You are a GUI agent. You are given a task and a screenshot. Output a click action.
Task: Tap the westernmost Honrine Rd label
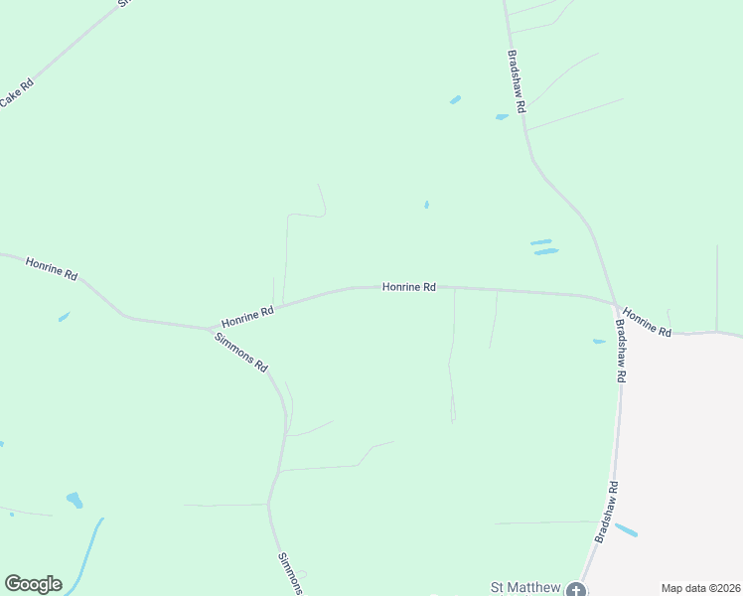click(52, 268)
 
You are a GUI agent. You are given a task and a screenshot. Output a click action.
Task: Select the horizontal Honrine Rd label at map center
click(409, 287)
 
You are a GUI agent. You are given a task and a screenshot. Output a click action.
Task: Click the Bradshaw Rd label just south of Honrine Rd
click(620, 351)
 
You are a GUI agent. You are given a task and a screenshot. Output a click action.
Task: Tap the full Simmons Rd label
click(241, 352)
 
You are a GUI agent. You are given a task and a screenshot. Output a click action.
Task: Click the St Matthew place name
click(526, 587)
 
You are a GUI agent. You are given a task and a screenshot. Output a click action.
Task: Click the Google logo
click(33, 584)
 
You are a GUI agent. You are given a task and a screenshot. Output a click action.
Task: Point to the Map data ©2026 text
click(700, 588)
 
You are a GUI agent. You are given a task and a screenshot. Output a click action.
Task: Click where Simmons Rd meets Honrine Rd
click(211, 328)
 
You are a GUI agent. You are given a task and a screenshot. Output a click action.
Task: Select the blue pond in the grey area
click(626, 529)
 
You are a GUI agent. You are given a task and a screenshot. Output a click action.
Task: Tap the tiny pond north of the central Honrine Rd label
click(427, 205)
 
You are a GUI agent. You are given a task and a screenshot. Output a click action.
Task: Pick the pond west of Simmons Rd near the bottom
click(74, 500)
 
